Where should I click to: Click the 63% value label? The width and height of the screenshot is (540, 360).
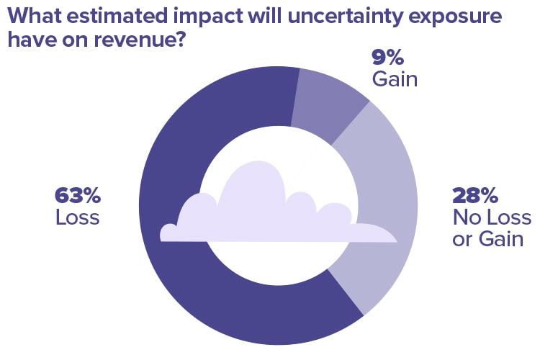pos(78,195)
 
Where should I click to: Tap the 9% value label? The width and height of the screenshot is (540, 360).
pos(388,57)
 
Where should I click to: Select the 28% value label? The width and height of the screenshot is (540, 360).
pos(475,195)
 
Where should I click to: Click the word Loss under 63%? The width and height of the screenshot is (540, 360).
pos(78,217)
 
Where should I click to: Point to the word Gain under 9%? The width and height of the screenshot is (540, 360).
pos(395,79)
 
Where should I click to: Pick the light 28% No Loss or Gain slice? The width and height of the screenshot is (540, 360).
pos(386,207)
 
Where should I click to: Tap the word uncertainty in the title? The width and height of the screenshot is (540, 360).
pos(344,16)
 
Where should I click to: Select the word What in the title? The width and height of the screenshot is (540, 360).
pos(33,15)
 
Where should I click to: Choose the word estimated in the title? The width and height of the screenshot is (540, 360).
pos(117,15)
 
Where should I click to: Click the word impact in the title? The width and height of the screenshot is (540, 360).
pos(208,17)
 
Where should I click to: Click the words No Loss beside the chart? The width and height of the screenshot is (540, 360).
pos(492,217)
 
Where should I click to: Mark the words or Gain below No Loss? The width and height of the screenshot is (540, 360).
pos(487,239)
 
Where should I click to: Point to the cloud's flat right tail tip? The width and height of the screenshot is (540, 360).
pos(397,240)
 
